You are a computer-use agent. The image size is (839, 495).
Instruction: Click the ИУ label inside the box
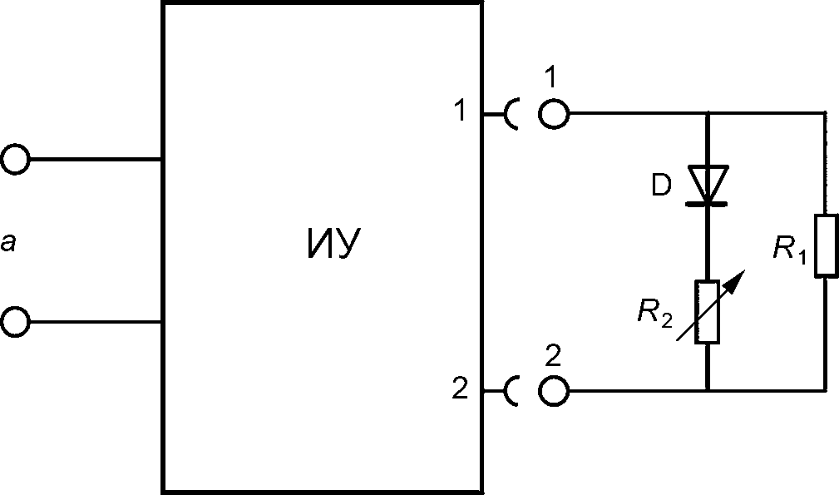tap(332, 245)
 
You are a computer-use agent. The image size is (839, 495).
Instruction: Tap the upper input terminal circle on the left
tap(15, 158)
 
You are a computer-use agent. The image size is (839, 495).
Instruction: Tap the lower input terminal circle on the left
tap(15, 321)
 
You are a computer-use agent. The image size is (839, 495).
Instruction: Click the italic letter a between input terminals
tap(7, 243)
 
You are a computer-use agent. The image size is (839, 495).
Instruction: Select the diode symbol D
tap(708, 185)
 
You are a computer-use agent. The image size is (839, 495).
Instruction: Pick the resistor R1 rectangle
tap(826, 245)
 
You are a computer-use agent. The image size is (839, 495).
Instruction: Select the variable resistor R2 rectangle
tap(708, 312)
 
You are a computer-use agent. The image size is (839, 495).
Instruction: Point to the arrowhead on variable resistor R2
tap(733, 277)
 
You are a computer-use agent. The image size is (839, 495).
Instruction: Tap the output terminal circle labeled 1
tap(555, 113)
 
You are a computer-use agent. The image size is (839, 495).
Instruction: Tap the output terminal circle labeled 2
tap(555, 389)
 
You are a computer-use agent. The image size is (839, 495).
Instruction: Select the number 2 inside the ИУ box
tap(460, 389)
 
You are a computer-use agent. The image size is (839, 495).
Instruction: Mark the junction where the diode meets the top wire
tap(708, 113)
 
